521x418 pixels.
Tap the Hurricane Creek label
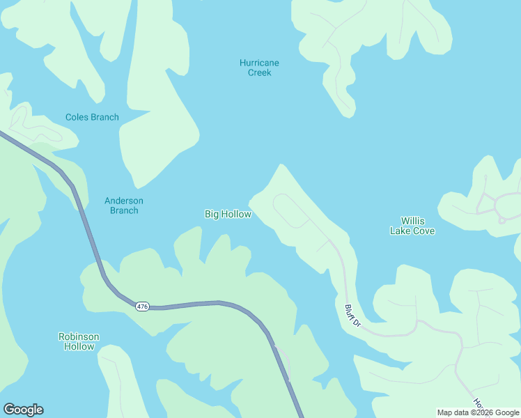259,68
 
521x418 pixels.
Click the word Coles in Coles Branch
77,117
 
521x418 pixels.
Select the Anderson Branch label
124,206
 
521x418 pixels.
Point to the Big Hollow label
228,214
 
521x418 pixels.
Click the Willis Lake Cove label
412,226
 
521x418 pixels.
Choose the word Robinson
79,336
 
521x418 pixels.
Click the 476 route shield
142,307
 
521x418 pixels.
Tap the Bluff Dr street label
352,315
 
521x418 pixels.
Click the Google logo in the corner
23,410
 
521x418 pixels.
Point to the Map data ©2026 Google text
478,412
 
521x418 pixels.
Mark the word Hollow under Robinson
79,346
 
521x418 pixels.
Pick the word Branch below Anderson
124,210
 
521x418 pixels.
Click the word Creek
259,72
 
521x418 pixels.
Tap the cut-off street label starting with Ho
478,403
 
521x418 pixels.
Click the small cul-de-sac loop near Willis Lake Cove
501,220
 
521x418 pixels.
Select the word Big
212,214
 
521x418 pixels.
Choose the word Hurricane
259,63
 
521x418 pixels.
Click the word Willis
412,221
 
